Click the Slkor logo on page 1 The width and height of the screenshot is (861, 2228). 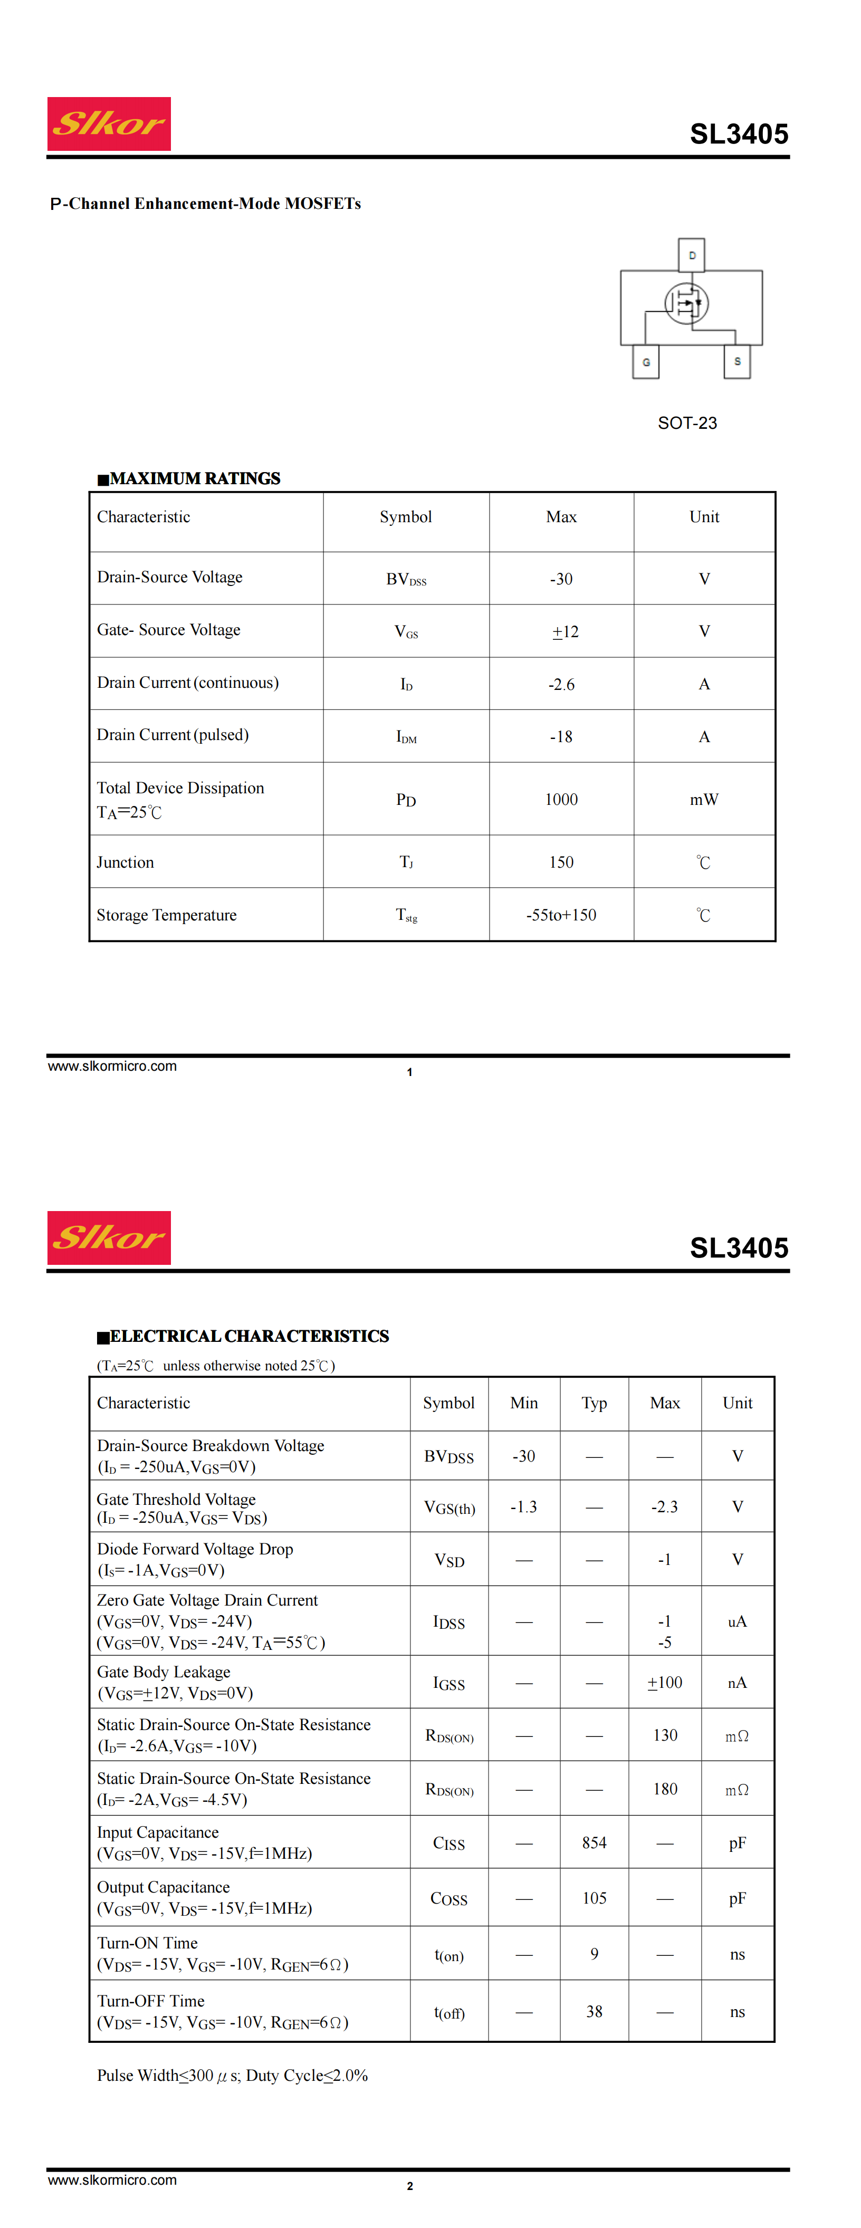point(109,123)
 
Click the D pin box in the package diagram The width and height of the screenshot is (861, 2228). point(692,255)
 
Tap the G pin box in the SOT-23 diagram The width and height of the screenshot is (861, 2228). point(646,361)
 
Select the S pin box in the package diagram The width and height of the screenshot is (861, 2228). point(736,361)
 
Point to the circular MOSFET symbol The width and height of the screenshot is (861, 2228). point(687,303)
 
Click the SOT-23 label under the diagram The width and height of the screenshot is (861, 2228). point(687,423)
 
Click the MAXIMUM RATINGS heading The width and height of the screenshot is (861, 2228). point(189,478)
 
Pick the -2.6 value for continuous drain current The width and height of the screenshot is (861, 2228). point(561,684)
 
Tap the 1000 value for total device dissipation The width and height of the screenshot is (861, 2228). point(561,799)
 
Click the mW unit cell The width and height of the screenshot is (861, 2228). point(703,799)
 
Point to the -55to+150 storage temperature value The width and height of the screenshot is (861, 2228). point(561,915)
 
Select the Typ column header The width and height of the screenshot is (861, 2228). point(594,1403)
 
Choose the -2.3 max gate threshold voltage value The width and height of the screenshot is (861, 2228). point(665,1506)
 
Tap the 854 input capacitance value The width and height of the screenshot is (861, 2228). point(594,1842)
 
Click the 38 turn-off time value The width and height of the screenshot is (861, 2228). point(594,2012)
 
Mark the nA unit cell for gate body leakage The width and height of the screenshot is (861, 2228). point(736,1682)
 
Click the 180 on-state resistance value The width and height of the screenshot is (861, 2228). point(665,1789)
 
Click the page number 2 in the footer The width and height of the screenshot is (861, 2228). point(409,2186)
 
